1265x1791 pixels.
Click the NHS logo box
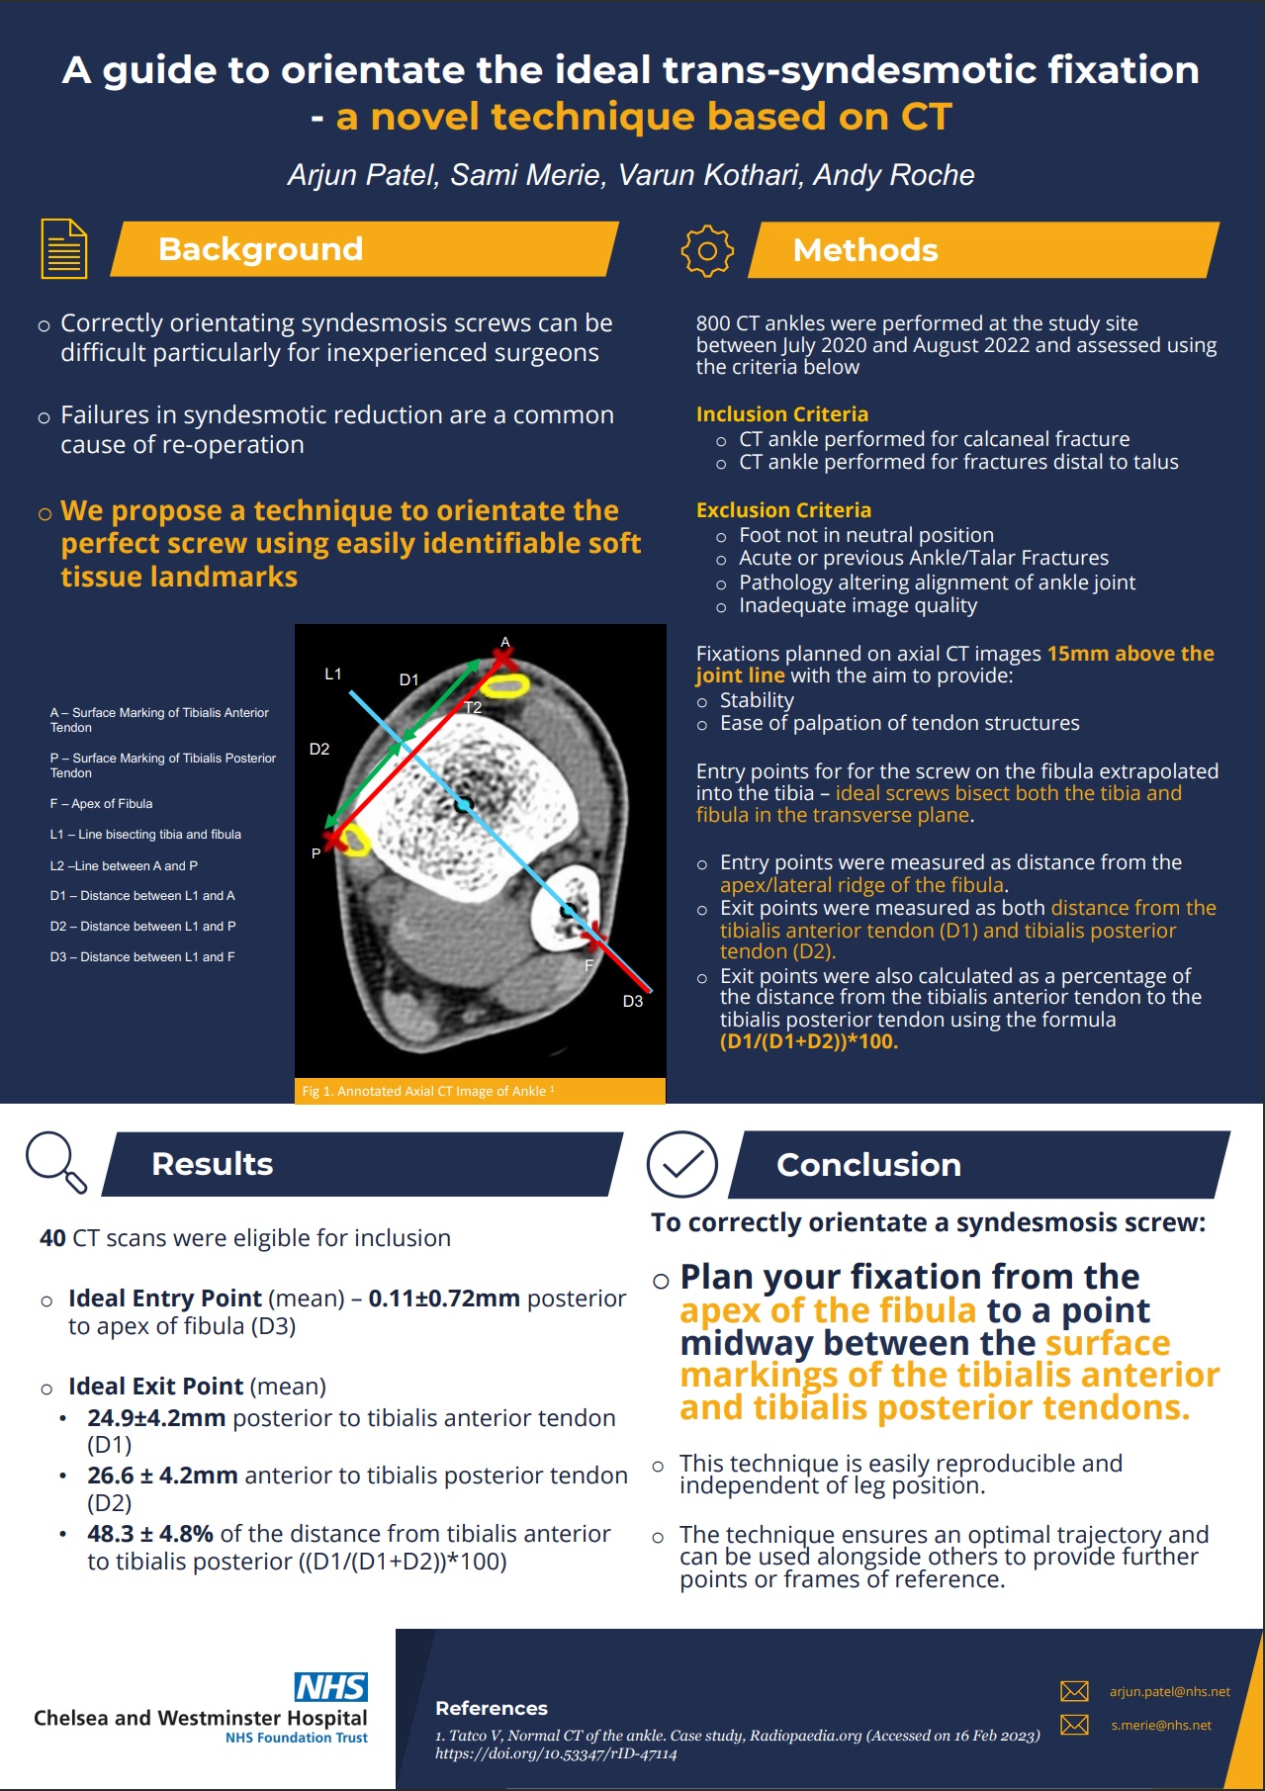(330, 1686)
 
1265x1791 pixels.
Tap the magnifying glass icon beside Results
(55, 1162)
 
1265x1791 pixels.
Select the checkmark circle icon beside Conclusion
(681, 1164)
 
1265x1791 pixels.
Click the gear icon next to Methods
(707, 250)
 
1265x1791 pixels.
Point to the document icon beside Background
(63, 248)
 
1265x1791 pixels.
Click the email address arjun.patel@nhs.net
(1169, 1691)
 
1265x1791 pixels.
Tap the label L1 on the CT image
(333, 673)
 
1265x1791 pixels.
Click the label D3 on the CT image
(633, 1001)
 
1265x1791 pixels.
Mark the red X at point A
(502, 658)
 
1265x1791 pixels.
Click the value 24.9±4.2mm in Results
(156, 1417)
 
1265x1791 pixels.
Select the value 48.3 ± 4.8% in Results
(150, 1533)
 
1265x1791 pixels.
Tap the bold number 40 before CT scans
(52, 1238)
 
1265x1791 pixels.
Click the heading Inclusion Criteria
(781, 414)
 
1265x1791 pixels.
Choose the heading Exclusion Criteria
(783, 510)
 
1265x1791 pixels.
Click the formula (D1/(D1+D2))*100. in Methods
(808, 1040)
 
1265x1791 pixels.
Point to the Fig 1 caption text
(427, 1091)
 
